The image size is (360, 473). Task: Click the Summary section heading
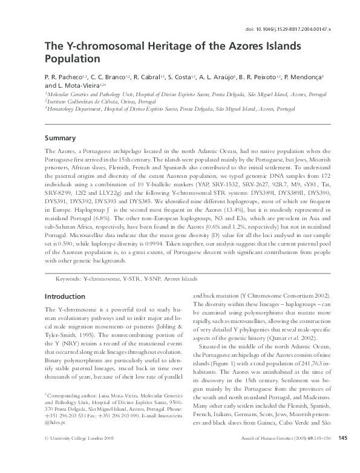pos(61,137)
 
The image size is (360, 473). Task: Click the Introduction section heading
pos(65,296)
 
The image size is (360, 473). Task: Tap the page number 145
pos(342,455)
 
